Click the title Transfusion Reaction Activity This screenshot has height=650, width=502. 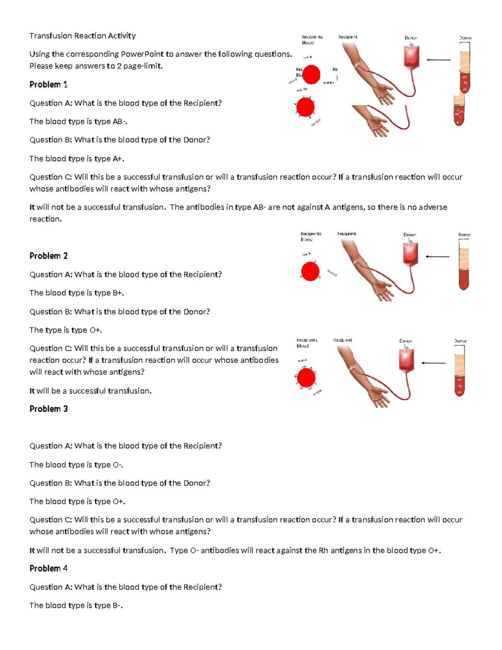click(x=82, y=36)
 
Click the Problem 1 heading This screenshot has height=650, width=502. click(x=48, y=85)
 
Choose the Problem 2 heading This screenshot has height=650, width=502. click(x=48, y=256)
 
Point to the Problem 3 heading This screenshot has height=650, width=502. click(x=48, y=409)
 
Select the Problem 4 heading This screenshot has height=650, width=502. click(x=48, y=568)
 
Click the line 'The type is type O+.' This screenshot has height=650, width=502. click(x=66, y=330)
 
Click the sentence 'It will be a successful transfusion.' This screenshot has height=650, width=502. click(x=90, y=391)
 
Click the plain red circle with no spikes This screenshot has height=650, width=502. click(x=311, y=75)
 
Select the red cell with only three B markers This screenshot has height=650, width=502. click(x=310, y=271)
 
